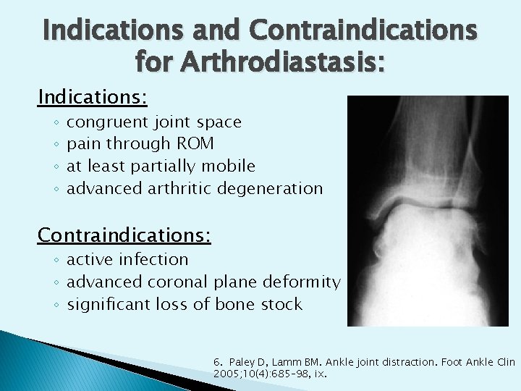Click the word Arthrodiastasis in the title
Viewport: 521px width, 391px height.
(x=271, y=64)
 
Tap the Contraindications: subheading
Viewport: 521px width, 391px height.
(x=124, y=235)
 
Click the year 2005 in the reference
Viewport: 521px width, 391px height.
(x=224, y=374)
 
